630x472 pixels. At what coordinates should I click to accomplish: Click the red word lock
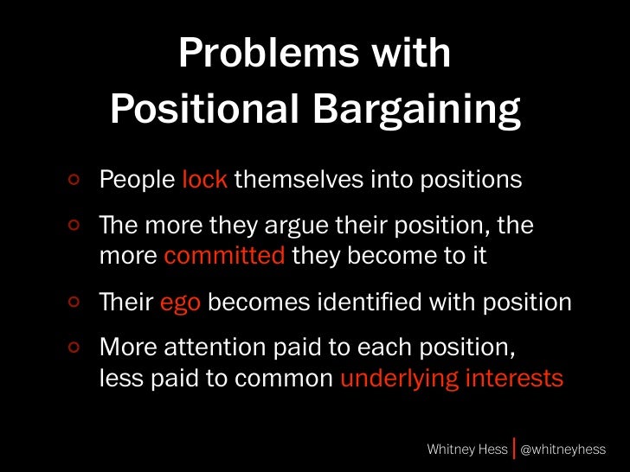[x=205, y=180]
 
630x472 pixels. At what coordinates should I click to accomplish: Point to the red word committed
[x=224, y=257]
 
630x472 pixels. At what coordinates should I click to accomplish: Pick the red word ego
[x=181, y=303]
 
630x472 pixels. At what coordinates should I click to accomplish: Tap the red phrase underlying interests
[x=451, y=379]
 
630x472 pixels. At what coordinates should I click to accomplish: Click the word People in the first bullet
[x=138, y=180]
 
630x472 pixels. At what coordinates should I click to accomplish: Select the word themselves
[x=296, y=180]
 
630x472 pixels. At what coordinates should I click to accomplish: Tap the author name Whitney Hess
[x=467, y=450]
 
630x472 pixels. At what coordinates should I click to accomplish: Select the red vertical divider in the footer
[x=516, y=449]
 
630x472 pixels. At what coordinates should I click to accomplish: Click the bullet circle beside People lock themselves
[x=75, y=181]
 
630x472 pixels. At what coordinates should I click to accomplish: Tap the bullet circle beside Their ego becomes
[x=75, y=303]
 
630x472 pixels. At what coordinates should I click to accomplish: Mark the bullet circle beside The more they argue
[x=75, y=226]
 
